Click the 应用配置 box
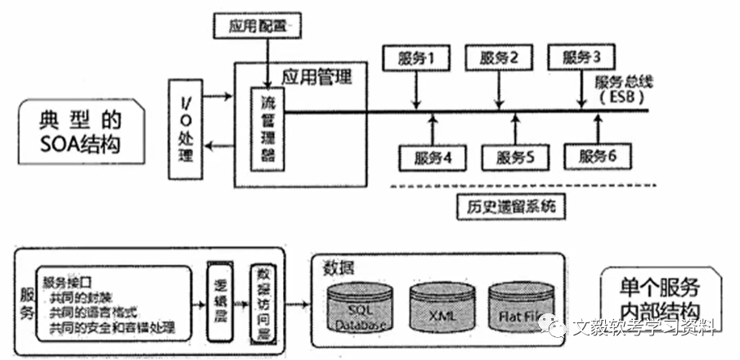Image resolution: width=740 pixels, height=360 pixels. (256, 25)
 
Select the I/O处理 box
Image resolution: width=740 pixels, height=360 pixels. (185, 128)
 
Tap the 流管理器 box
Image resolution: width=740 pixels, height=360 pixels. (267, 128)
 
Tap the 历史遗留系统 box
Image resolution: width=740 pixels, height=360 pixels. (507, 205)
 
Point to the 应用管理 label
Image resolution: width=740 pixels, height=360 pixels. (316, 78)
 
